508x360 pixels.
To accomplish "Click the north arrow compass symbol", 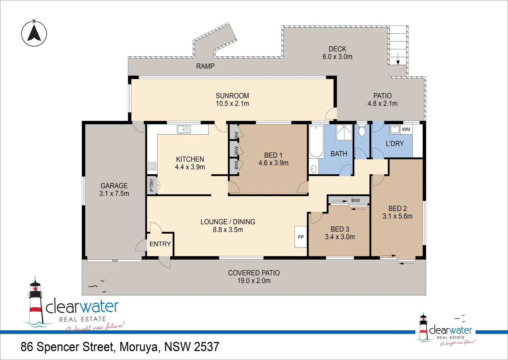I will (x=34, y=33).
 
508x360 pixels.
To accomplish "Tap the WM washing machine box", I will (x=406, y=129).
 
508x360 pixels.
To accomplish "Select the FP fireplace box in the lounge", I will (x=301, y=237).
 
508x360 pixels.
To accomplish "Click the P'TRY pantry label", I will (x=152, y=185).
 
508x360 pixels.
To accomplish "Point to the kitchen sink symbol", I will (x=184, y=129).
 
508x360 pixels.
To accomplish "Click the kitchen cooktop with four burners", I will (x=152, y=166).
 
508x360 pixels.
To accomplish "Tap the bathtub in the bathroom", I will (x=316, y=142).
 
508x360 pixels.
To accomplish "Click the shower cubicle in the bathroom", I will (x=344, y=133).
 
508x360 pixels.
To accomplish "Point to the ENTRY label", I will (x=160, y=244).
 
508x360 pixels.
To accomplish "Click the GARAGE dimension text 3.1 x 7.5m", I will (x=114, y=194).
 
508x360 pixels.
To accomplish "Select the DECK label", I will (x=337, y=49).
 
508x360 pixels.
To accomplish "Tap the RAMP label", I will (x=205, y=66).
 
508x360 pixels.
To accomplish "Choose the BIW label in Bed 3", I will (x=355, y=200).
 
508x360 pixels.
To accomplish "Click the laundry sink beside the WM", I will (x=395, y=129).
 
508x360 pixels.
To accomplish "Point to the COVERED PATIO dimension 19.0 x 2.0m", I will (x=254, y=281).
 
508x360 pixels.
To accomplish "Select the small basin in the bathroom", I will (x=313, y=169).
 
